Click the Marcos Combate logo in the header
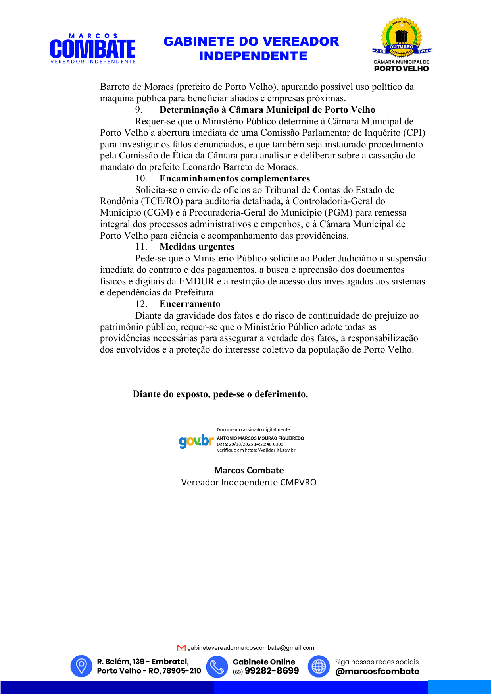point(93,49)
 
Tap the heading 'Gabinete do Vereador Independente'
point(251,49)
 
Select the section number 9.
point(138,110)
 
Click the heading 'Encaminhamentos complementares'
point(234,179)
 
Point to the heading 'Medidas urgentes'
point(197,247)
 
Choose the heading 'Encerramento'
point(190,304)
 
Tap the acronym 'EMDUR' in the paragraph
point(196,282)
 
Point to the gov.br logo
point(196,440)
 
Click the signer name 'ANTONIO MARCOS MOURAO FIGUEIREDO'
point(260,438)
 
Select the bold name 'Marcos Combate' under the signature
point(249,471)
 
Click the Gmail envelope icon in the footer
point(181,648)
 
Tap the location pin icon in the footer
point(81,666)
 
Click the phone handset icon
point(217,666)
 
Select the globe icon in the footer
point(319,666)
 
